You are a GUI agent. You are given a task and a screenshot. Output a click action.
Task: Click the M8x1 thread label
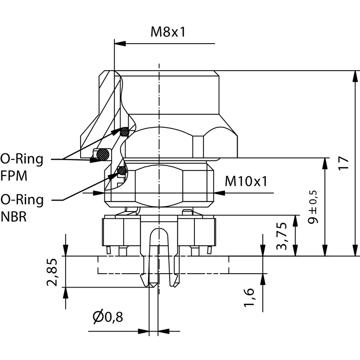tap(168, 31)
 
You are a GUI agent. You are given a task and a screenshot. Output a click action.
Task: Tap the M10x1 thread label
tap(246, 181)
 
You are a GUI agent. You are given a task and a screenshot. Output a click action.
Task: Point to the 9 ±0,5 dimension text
tap(313, 207)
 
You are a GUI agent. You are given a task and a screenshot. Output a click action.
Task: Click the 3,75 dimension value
tap(282, 235)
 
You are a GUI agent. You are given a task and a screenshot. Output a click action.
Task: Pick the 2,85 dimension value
tap(54, 272)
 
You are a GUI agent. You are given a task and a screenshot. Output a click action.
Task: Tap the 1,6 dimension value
tap(250, 298)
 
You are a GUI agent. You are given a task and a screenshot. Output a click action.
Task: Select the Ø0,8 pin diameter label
tap(108, 317)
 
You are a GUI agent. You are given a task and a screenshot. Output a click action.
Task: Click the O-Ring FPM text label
tap(22, 166)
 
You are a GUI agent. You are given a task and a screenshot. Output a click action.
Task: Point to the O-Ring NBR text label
tap(22, 207)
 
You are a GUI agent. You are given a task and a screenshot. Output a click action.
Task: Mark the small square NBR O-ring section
tap(121, 170)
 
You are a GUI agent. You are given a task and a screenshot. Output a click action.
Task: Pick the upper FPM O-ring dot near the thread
tap(124, 132)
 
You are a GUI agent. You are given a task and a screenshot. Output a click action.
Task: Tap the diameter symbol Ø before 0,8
tap(98, 317)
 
